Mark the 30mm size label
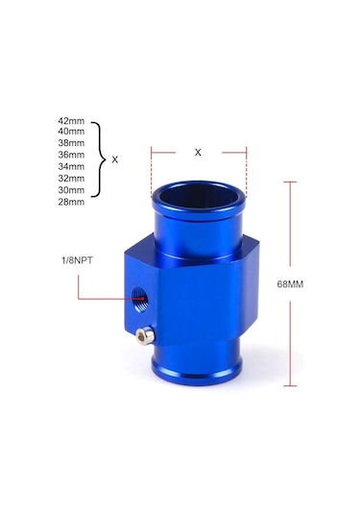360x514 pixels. point(71,190)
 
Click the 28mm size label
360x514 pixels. point(71,202)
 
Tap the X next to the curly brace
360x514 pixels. point(115,160)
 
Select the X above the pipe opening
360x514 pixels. point(199,152)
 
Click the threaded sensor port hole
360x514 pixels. point(143,298)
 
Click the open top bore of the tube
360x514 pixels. point(199,198)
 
